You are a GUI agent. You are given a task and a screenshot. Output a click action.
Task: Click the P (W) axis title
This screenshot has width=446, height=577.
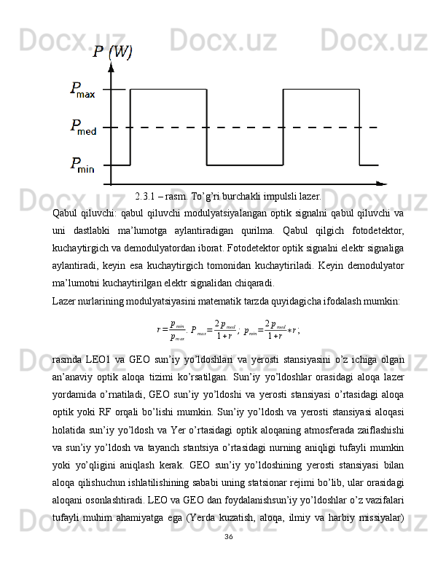(x=112, y=52)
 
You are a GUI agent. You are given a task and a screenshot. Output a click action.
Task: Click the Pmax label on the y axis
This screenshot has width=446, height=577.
(x=82, y=90)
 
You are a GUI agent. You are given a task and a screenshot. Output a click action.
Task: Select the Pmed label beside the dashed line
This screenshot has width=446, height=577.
(x=82, y=127)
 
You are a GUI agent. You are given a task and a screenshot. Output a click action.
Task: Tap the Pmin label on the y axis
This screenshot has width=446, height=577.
(x=82, y=165)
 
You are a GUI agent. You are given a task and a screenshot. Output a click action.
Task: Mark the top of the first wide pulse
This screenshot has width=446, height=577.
(x=168, y=90)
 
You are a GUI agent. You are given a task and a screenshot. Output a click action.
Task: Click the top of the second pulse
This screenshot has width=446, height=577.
(x=321, y=90)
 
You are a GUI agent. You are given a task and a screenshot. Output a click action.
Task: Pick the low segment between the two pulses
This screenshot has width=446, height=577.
(x=245, y=165)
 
